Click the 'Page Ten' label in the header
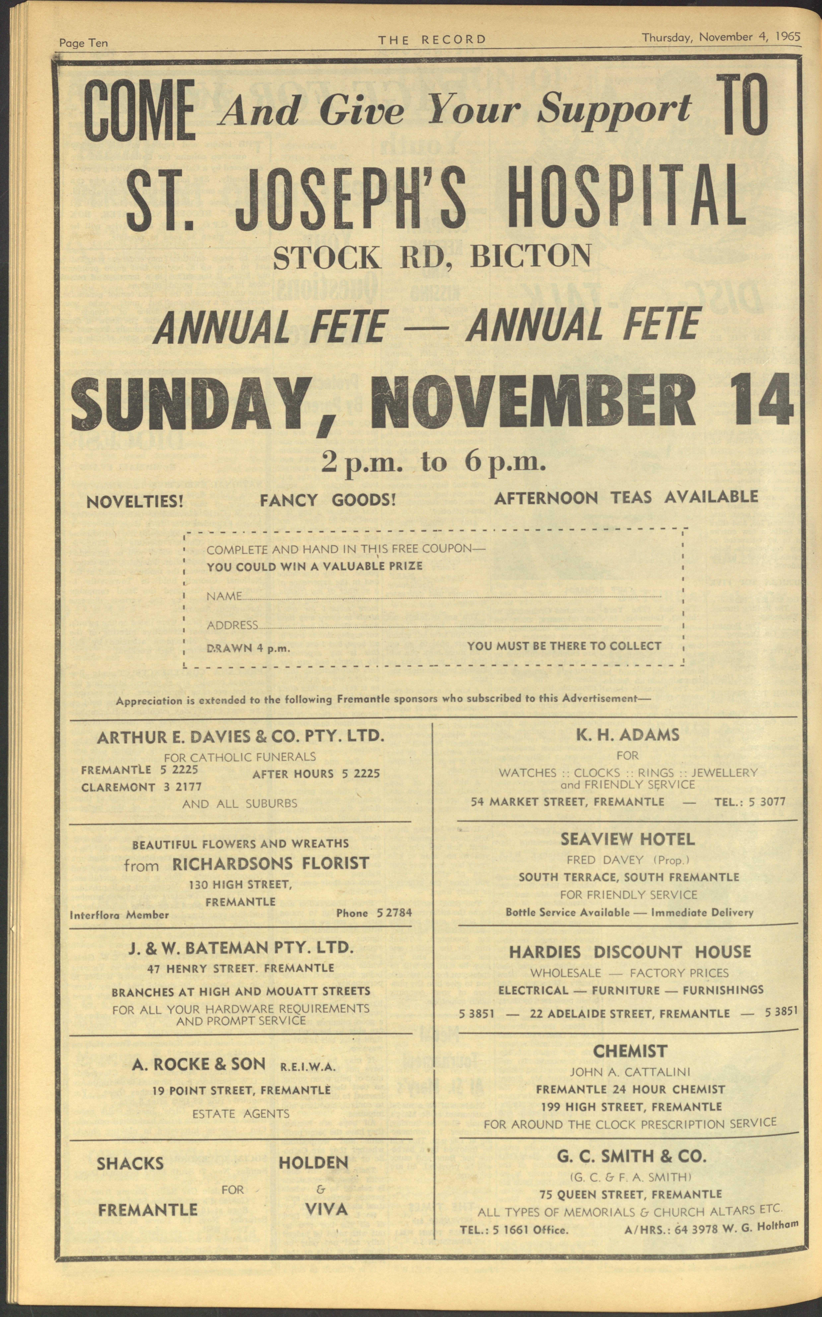pos(83,42)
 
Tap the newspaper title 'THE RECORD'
pos(432,39)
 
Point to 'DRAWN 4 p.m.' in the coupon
pos(248,648)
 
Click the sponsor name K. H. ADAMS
pos(627,735)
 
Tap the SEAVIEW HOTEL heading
pos(627,839)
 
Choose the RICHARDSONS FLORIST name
pos(270,864)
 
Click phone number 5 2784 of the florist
pos(394,913)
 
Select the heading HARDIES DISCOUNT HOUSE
pos(630,952)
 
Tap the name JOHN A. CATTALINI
pos(630,1072)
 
